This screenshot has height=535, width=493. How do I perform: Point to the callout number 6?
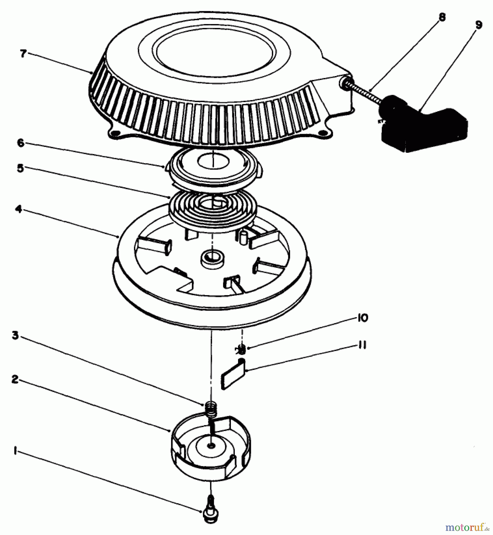coord(20,143)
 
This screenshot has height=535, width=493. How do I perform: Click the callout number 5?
coord(20,168)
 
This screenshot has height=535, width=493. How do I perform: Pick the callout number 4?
coord(18,210)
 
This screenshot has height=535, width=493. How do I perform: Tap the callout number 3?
coord(15,336)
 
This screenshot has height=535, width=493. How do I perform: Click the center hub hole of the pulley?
coord(212,255)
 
